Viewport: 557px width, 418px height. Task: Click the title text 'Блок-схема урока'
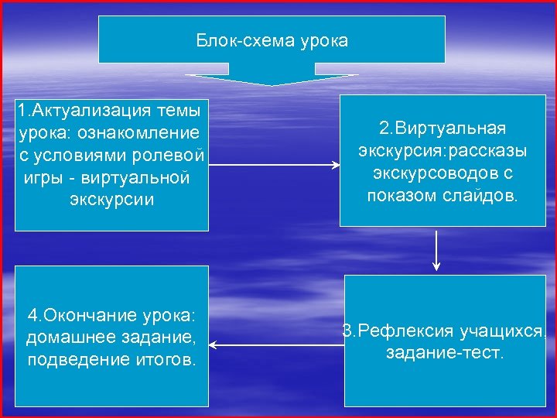tap(272, 40)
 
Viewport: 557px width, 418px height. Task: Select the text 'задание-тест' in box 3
tap(444, 354)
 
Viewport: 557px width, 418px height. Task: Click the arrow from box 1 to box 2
tap(274, 165)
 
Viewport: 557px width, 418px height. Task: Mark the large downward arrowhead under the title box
tap(272, 79)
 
